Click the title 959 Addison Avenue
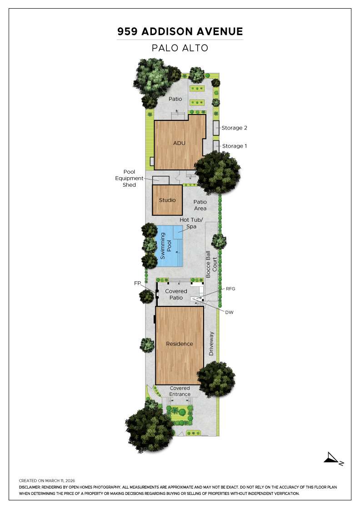pos(180,31)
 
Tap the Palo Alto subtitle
pos(180,48)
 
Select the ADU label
pos(180,143)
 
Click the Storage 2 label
pos(234,128)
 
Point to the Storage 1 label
pos(234,146)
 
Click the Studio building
pos(167,200)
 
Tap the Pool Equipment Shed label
pos(130,178)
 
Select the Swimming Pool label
pos(166,246)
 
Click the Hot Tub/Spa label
pos(191,223)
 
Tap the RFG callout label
pos(231,288)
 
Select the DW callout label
pos(229,312)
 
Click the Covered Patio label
pos(176,294)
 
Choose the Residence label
pos(180,344)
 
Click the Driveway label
pos(211,344)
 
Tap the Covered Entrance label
pos(180,391)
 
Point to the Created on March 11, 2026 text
pos(47,480)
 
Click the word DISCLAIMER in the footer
pos(30,487)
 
